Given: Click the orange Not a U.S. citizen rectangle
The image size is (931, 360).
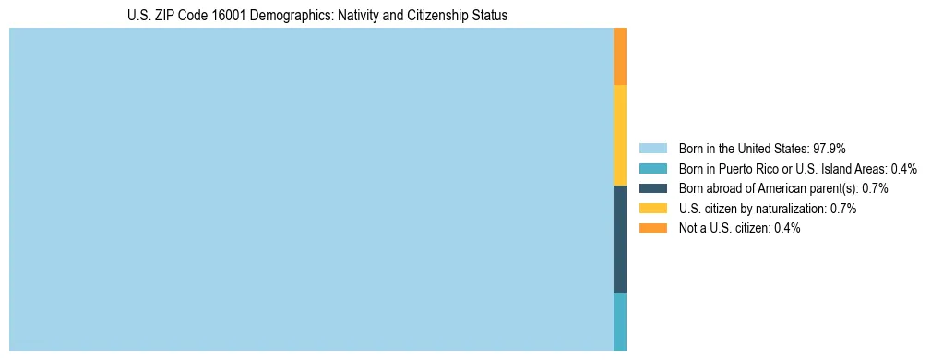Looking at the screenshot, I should [620, 56].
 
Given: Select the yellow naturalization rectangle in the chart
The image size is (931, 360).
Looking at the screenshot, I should [620, 135].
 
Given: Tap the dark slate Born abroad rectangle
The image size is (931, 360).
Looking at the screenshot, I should [620, 239].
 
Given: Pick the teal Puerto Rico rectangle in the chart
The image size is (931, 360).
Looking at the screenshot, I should [620, 321].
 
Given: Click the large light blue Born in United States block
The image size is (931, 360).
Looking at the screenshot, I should [311, 189].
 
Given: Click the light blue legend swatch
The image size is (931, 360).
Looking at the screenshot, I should [652, 149].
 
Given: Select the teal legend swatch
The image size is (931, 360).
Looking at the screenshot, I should [652, 169].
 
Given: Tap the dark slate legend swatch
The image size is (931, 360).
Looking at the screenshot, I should [652, 188].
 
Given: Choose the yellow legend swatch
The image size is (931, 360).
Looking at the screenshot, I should [652, 209].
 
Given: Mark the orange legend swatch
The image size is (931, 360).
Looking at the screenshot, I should [652, 228].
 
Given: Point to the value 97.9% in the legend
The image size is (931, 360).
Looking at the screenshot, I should [830, 149].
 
